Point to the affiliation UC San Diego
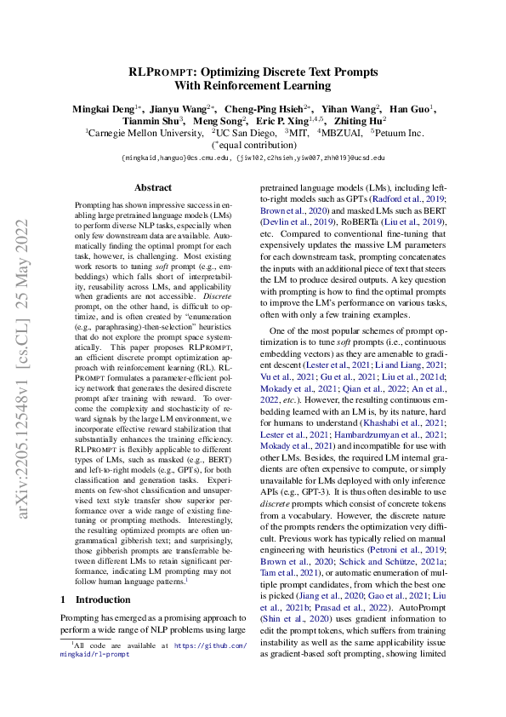pyautogui.click(x=246, y=134)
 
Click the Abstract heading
pyautogui.click(x=153, y=187)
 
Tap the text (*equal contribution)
pyautogui.click(x=253, y=146)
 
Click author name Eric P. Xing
pyautogui.click(x=298, y=121)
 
